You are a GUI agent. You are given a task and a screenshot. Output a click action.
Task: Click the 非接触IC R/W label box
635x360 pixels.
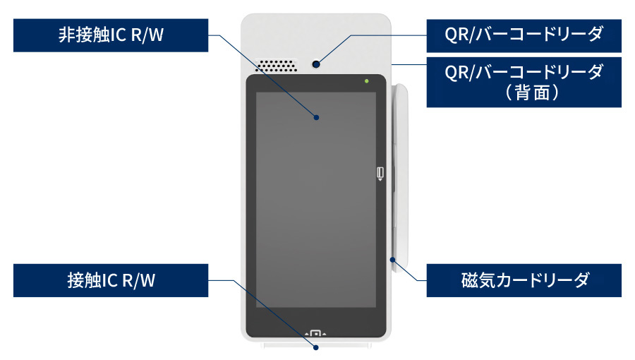(111, 35)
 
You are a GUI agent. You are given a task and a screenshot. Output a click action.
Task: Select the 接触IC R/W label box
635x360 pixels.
(111, 281)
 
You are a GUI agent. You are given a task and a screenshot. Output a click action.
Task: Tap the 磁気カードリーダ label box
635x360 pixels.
(524, 281)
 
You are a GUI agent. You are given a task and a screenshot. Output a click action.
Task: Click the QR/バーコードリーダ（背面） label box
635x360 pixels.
(524, 82)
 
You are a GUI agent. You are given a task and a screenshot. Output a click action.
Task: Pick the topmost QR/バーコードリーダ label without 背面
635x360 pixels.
(524, 35)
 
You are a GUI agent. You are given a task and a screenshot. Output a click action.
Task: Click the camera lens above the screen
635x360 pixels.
(316, 65)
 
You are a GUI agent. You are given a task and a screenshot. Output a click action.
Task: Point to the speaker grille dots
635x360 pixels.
(276, 65)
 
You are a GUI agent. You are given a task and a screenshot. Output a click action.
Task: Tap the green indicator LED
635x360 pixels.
(366, 82)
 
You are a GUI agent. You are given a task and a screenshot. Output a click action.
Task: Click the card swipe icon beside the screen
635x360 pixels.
(380, 173)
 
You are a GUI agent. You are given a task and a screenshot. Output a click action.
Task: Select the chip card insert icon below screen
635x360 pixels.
(316, 332)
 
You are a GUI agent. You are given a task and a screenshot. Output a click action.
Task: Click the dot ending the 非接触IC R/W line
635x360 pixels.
(316, 117)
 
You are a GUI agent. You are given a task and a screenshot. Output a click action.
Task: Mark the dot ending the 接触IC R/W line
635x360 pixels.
(316, 347)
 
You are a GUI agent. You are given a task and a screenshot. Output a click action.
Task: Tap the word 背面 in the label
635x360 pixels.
(524, 92)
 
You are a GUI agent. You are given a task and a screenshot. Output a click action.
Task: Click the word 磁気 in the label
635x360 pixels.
(473, 281)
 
